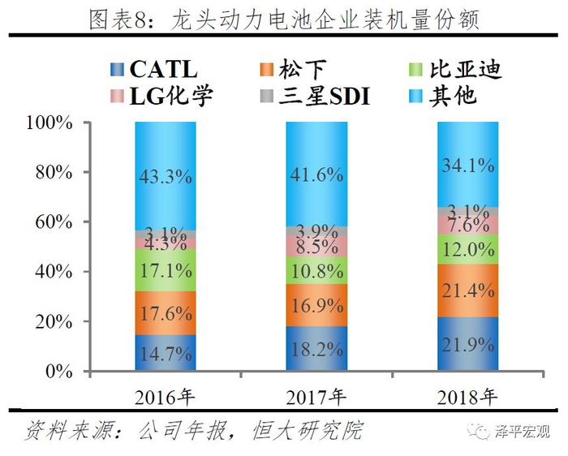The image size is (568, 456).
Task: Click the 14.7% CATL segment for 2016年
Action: (x=166, y=354)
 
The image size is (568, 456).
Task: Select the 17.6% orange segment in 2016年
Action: (x=166, y=313)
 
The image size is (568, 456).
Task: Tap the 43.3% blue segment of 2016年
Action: (x=166, y=175)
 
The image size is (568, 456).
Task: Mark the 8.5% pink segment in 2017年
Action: (x=316, y=246)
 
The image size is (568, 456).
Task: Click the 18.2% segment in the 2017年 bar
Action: (x=316, y=349)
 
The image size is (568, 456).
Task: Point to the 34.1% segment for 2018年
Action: (x=467, y=165)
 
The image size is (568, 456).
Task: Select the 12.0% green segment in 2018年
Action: (x=467, y=249)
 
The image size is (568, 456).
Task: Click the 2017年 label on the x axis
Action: (x=316, y=397)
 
